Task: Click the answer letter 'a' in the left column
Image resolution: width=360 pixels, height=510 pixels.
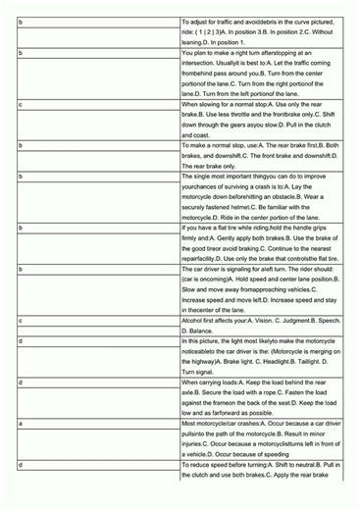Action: click(x=21, y=423)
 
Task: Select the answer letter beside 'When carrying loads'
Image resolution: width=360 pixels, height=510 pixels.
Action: click(x=21, y=382)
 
